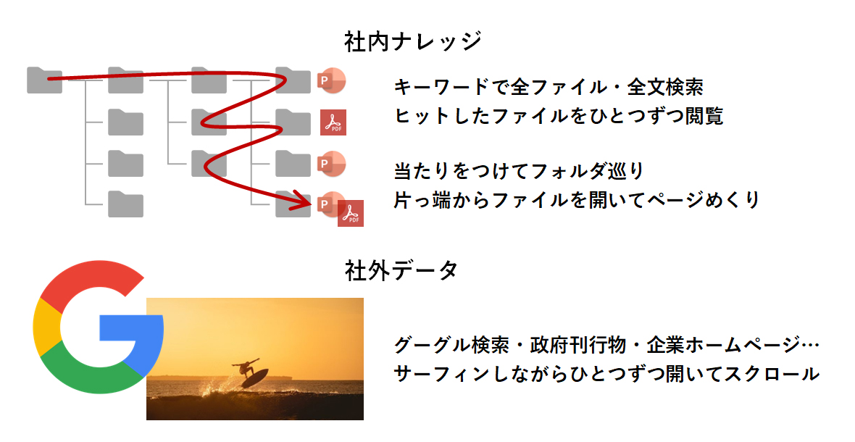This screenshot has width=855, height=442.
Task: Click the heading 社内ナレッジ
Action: coord(413,42)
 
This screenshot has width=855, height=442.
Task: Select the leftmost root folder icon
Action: coord(44,80)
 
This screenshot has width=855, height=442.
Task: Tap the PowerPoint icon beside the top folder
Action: coord(331,81)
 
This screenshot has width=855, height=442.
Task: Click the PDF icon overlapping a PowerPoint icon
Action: coord(351,213)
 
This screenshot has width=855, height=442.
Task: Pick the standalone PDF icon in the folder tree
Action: coord(333,122)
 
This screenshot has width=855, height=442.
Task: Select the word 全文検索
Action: coord(664,87)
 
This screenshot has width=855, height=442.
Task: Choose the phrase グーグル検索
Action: coord(451,345)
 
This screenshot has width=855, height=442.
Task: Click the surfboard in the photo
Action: coord(254,378)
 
